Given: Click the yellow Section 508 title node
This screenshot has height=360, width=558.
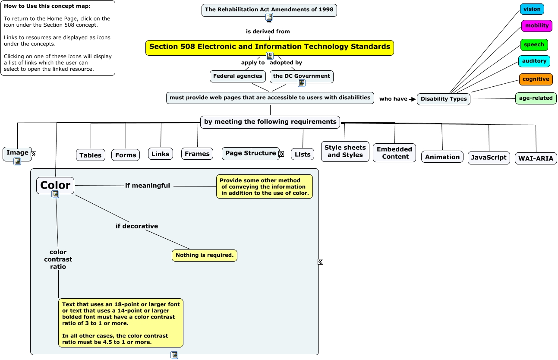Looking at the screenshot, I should click(269, 47).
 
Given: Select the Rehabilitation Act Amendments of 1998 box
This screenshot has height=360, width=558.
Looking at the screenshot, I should click(269, 9).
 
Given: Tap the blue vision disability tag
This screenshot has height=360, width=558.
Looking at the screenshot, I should click(532, 9).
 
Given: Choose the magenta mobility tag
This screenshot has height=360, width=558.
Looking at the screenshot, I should click(536, 26).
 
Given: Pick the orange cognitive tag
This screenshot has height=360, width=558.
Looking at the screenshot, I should click(536, 79).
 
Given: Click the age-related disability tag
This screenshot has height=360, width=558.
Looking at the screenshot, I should click(536, 98).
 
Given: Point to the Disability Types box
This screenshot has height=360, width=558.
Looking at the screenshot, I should click(443, 99).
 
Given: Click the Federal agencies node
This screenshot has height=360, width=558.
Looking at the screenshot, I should click(237, 76).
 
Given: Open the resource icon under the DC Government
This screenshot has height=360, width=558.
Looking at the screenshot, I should click(302, 83).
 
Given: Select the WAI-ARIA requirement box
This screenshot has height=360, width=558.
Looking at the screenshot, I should click(536, 158).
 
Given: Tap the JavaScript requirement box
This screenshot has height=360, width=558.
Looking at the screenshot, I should click(489, 158).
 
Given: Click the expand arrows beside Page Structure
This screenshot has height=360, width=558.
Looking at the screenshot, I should click(281, 154).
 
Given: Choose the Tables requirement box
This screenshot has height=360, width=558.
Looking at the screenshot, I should click(91, 155).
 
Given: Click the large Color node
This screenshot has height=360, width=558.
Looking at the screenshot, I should click(55, 185).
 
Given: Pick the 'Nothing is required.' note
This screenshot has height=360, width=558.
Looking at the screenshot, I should click(204, 256).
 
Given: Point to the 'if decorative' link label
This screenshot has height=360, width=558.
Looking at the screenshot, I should click(137, 226).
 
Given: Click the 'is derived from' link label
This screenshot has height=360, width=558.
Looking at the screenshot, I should click(268, 32).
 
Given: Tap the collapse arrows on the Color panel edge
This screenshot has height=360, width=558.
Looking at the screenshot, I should click(320, 262).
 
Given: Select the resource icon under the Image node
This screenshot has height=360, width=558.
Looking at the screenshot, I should click(17, 161).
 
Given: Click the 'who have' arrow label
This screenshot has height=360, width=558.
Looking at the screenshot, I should click(393, 99).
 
